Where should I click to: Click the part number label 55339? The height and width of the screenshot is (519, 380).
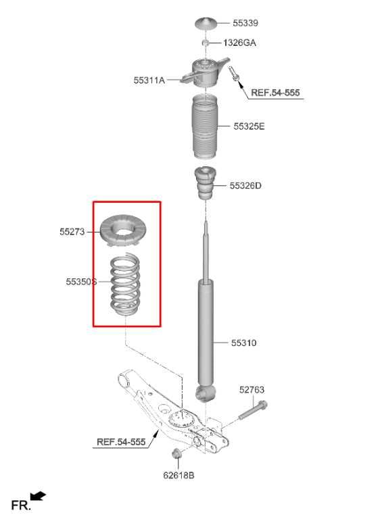245,23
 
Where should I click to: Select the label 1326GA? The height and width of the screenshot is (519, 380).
240,43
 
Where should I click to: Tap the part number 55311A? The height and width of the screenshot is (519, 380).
149,80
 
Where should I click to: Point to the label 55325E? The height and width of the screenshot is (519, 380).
249,126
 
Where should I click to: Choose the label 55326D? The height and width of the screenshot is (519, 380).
245,185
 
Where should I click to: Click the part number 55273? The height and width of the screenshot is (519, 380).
72,232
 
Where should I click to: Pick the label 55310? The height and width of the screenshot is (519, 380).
243,343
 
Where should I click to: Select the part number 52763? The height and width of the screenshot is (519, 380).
252,389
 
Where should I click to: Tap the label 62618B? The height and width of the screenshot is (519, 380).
179,475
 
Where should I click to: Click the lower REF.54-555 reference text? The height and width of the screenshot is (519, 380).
121,442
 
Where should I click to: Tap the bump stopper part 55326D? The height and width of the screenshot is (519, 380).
205,182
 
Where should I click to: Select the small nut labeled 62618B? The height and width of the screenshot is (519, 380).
175,453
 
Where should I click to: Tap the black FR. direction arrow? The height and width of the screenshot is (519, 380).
39,497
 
